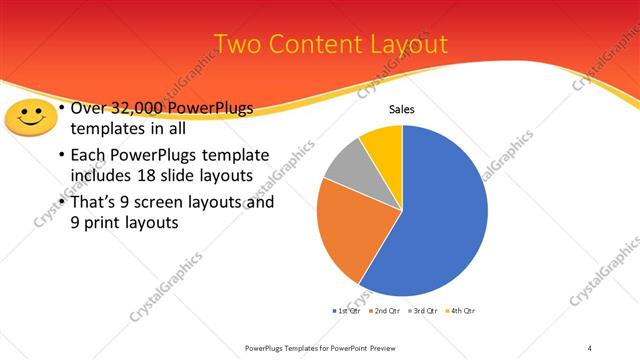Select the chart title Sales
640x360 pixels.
click(x=402, y=110)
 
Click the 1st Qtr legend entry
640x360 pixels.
click(x=348, y=311)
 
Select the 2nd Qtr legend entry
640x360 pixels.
click(x=386, y=311)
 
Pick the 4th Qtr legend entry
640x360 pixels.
click(x=461, y=311)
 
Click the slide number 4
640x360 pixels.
click(x=590, y=347)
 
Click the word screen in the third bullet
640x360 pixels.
click(x=167, y=203)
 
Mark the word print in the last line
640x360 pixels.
click(x=104, y=223)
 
